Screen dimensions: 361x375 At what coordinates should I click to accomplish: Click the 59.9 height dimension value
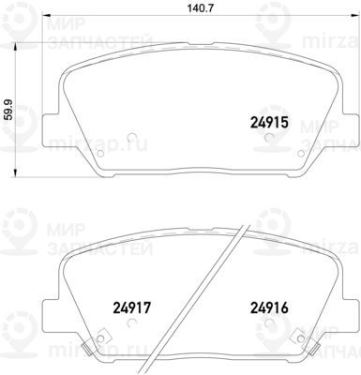point(9,110)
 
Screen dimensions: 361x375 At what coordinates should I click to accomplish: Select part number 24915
point(269,123)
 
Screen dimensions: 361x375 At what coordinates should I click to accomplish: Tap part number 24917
point(132,307)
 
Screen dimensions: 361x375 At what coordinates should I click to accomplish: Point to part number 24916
point(269,307)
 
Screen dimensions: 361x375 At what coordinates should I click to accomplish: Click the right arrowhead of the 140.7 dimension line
point(354,15)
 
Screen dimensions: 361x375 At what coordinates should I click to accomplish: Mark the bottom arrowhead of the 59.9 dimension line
point(15,173)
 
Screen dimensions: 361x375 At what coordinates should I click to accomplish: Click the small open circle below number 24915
point(269,138)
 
